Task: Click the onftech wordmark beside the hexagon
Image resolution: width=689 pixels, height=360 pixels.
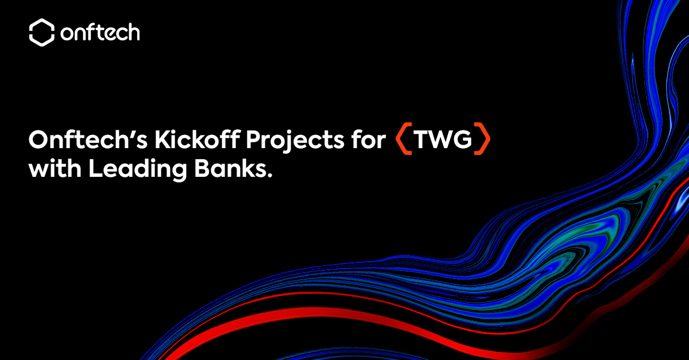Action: (x=100, y=32)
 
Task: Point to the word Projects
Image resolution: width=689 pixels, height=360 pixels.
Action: (x=295, y=141)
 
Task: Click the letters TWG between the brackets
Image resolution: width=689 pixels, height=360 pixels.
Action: (x=442, y=140)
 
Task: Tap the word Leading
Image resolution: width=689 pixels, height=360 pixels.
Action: (x=137, y=170)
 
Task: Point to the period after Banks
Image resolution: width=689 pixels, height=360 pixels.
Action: (x=270, y=176)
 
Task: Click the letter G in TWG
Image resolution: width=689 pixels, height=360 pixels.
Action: (x=462, y=140)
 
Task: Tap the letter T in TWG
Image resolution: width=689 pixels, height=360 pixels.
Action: (x=421, y=140)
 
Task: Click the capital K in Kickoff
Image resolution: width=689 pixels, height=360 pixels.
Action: (x=162, y=140)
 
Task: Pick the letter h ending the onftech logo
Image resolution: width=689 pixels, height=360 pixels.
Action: (x=133, y=32)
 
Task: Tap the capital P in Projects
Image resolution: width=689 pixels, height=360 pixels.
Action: (x=253, y=140)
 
